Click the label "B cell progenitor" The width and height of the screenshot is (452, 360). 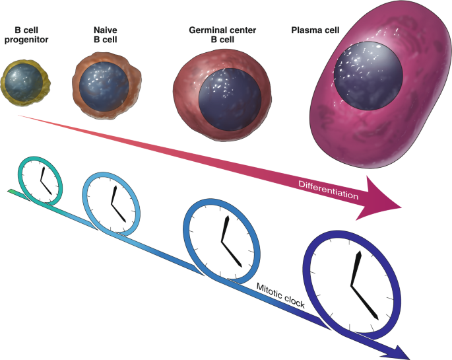tap(31, 35)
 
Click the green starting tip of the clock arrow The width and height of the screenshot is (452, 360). tap(13, 192)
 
